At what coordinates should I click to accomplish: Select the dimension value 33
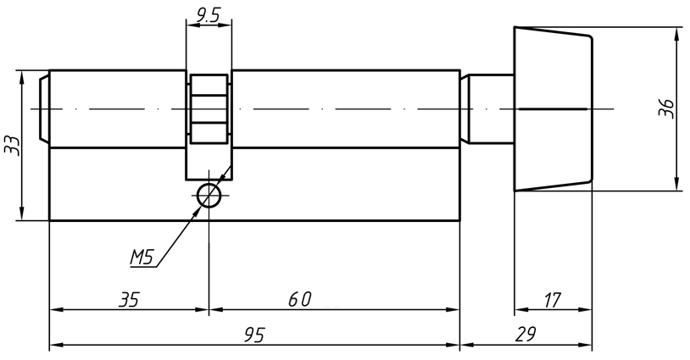click(x=12, y=145)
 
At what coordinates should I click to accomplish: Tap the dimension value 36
click(x=667, y=108)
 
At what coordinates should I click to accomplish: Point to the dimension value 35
click(x=128, y=299)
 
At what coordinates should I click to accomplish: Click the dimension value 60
click(x=299, y=299)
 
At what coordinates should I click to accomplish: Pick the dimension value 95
click(x=253, y=335)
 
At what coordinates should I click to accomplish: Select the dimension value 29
click(x=526, y=335)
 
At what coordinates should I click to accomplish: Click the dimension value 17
click(x=552, y=299)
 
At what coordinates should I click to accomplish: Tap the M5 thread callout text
click(x=141, y=257)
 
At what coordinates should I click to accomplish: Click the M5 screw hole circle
click(x=209, y=196)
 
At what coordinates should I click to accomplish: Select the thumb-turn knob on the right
click(x=553, y=108)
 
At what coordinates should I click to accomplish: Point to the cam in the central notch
click(x=209, y=108)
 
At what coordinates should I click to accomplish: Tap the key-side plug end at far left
click(x=44, y=108)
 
